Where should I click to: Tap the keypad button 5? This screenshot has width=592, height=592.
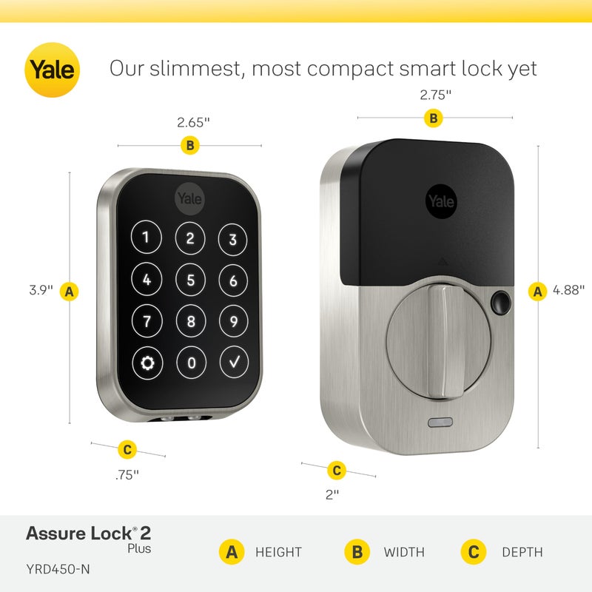coord(190,280)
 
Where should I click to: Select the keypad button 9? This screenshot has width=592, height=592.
coord(233,321)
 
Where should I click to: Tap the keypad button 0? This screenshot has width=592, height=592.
coord(190,363)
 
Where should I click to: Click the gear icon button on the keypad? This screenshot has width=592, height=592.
coord(147,363)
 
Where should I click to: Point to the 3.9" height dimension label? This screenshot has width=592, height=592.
coord(41,291)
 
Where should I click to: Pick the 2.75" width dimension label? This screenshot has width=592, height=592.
coord(435,95)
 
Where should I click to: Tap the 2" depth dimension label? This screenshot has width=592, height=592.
coord(332,494)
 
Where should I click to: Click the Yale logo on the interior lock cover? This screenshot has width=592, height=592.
coord(442,201)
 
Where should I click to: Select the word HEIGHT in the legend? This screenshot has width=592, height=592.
coord(278,552)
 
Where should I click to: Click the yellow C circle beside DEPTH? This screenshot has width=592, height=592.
coord(473,552)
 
